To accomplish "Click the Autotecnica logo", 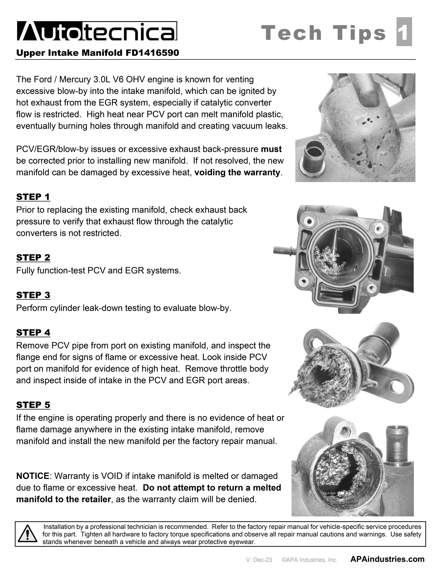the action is [x=97, y=31].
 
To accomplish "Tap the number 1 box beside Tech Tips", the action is [x=404, y=32].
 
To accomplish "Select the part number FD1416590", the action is [x=152, y=53].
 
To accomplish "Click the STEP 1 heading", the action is [x=33, y=197].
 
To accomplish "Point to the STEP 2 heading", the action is [x=33, y=257].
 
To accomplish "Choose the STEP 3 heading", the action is [x=33, y=295].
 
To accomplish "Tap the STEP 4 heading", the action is [x=33, y=332].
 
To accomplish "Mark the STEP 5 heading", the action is [x=33, y=405].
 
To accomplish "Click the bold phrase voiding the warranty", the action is [x=237, y=173].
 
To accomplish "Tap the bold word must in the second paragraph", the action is [x=271, y=149].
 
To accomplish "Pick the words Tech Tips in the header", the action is [x=323, y=33].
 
